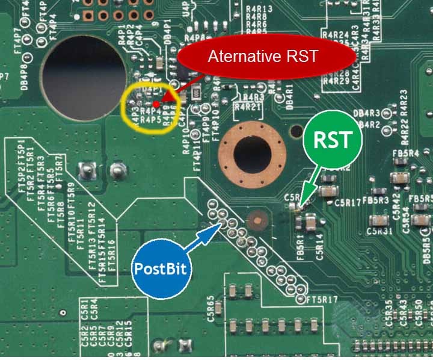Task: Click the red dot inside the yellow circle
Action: pyautogui.click(x=156, y=104)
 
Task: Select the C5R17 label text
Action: pyautogui.click(x=348, y=203)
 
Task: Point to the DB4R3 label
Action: pyautogui.click(x=367, y=113)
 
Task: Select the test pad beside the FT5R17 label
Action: pyautogui.click(x=300, y=298)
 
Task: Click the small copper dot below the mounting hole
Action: pyautogui.click(x=257, y=221)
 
